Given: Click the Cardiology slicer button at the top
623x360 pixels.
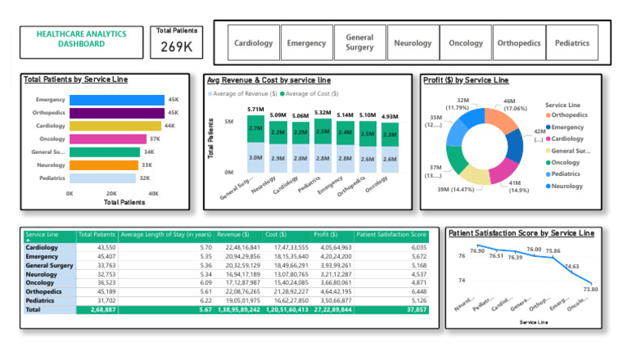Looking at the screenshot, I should click(x=253, y=43).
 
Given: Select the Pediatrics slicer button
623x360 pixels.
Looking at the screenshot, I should click(x=572, y=43).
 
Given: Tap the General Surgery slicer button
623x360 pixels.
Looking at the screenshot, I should click(x=359, y=43).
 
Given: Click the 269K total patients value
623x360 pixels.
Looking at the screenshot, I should click(x=176, y=47).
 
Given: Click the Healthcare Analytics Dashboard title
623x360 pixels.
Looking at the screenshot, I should click(x=81, y=39).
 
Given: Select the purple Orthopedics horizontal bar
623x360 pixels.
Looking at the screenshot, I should click(x=116, y=113).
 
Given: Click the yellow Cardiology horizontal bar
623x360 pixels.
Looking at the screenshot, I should click(x=115, y=126).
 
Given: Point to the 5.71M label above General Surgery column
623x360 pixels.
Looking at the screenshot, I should click(x=256, y=109).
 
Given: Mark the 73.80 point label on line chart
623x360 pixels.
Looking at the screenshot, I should click(x=590, y=289).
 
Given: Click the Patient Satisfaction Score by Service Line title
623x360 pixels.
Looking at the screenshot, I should click(x=522, y=234).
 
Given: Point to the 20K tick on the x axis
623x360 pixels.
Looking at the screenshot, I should click(x=111, y=194).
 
